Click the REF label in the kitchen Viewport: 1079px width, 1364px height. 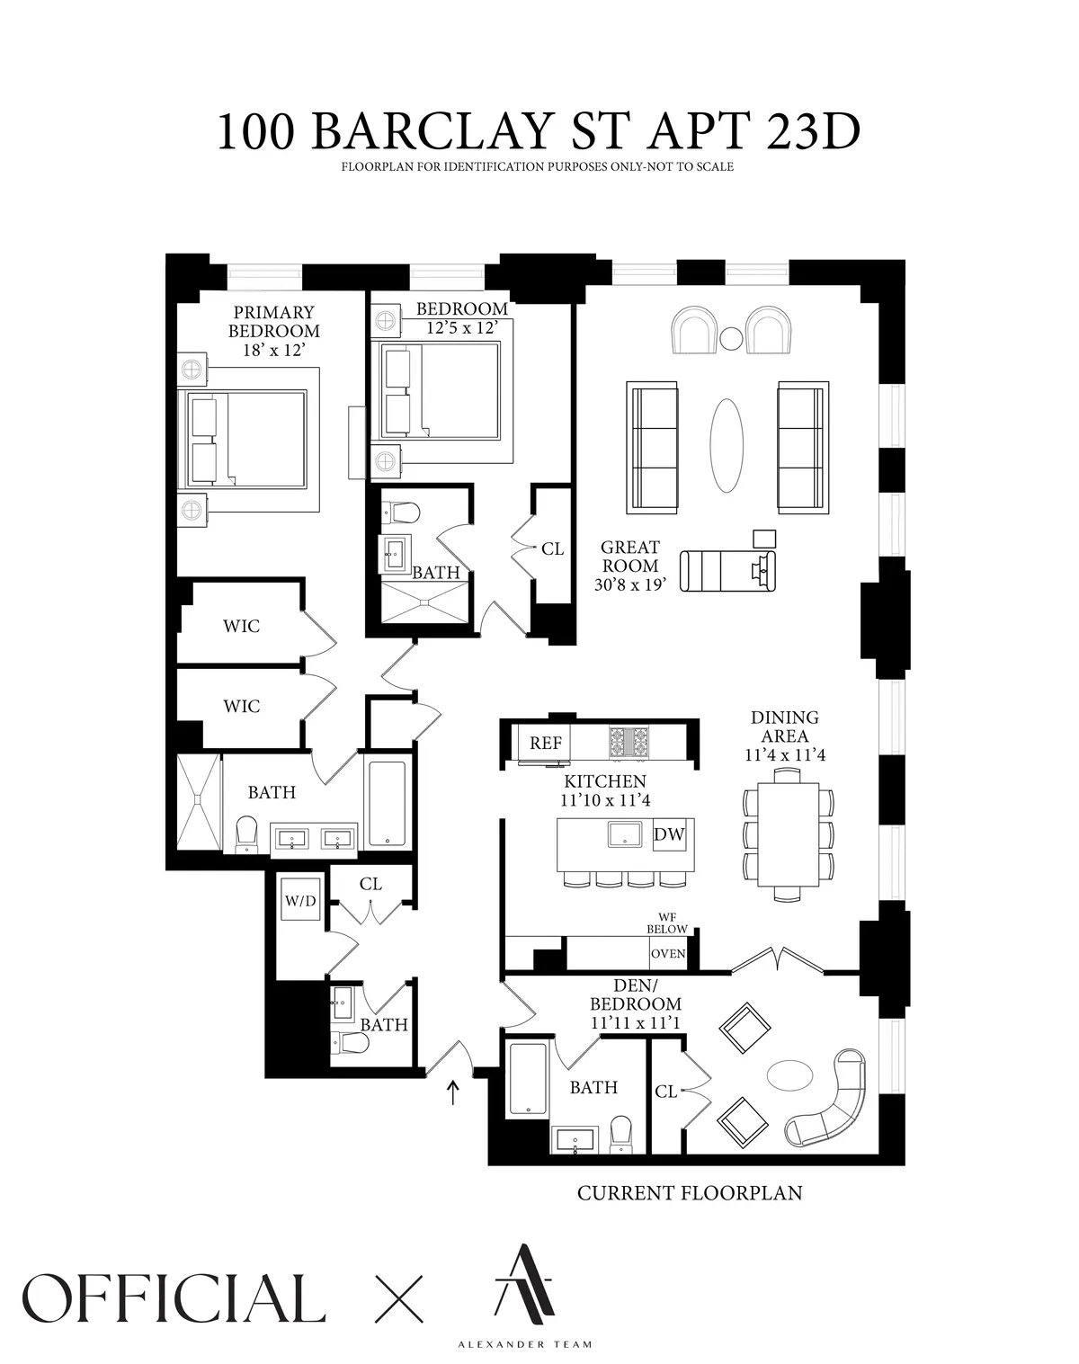pos(546,743)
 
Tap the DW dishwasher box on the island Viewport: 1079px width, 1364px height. pos(669,834)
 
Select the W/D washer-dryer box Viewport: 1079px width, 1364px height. pos(300,901)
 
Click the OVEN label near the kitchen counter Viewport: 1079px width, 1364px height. pos(668,954)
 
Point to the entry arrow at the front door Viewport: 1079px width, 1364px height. pos(453,1092)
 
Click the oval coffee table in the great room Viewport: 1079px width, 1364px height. pos(727,444)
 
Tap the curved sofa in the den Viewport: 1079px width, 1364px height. pos(832,1101)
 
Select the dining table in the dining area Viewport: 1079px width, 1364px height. pos(789,834)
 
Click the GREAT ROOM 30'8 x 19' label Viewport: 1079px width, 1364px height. pos(630,566)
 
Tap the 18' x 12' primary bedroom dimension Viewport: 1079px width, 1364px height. pos(273,349)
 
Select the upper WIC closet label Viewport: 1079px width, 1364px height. pos(241,626)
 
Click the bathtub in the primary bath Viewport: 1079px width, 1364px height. pos(387,804)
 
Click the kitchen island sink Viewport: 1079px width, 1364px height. pos(626,834)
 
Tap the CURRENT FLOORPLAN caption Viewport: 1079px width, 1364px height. pos(689,1193)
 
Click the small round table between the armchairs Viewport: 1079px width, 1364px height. pos(731,338)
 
